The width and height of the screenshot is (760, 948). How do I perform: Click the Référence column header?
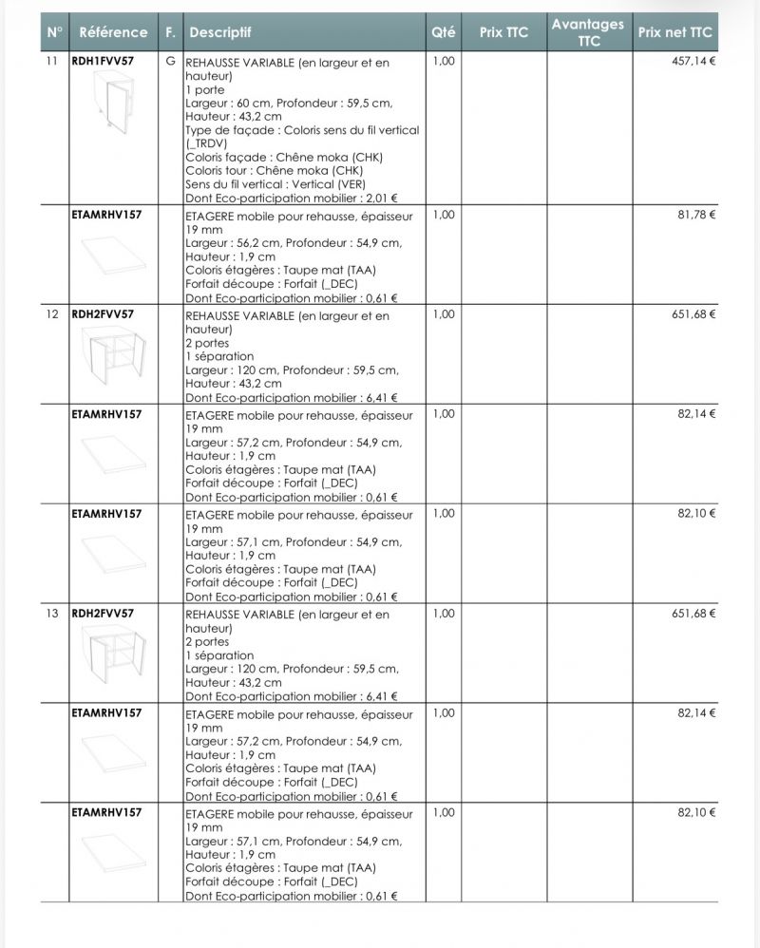113,32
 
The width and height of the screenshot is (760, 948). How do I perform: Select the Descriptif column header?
219,32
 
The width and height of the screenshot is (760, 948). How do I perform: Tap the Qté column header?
443,32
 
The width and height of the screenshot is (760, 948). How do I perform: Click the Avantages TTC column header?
588,32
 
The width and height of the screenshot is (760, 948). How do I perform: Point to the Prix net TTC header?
674,32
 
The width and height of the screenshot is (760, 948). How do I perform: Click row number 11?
52,62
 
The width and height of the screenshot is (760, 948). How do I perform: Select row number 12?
52,313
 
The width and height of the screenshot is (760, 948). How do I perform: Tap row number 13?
52,614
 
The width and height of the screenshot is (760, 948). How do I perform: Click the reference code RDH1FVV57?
103,62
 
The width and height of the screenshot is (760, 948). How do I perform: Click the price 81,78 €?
696,215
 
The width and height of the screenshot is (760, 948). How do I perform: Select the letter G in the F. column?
170,62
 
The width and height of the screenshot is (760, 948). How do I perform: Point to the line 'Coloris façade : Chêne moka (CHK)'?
284,158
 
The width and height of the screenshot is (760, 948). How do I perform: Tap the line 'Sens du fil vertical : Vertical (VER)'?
275,184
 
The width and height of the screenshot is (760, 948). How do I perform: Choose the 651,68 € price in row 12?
693,314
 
